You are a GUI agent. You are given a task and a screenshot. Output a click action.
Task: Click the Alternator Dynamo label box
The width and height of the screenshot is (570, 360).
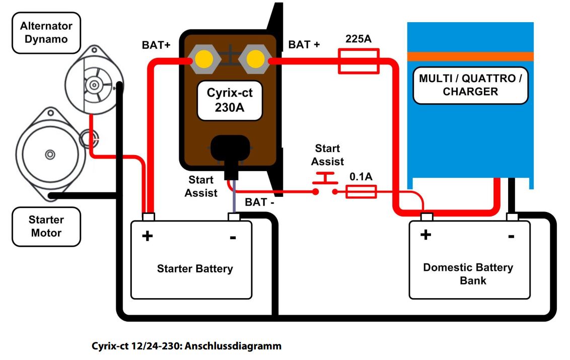click(x=46, y=33)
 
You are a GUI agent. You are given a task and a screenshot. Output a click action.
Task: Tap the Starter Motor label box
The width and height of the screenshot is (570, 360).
click(x=46, y=227)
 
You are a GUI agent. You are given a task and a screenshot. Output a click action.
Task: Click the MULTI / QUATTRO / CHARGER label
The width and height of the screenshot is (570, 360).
click(x=470, y=85)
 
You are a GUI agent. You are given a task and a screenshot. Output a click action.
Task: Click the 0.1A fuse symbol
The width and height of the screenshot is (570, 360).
click(x=361, y=191)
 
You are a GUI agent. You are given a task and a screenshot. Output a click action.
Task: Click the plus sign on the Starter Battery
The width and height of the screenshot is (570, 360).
click(x=147, y=236)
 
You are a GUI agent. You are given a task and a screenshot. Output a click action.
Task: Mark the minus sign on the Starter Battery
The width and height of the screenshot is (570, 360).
click(x=233, y=237)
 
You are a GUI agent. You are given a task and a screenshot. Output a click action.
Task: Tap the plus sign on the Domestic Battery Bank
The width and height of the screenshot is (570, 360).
click(x=425, y=234)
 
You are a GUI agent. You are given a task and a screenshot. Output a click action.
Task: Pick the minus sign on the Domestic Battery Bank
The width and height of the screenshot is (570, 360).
click(x=511, y=236)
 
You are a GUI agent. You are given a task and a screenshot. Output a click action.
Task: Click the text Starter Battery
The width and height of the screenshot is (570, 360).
click(x=195, y=268)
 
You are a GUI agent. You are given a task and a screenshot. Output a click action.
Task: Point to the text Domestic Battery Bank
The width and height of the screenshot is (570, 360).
click(x=468, y=273)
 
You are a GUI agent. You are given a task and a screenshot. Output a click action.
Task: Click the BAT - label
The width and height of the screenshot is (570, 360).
click(x=259, y=202)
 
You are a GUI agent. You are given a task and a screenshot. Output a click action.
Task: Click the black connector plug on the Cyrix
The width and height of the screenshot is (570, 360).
click(x=231, y=152)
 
